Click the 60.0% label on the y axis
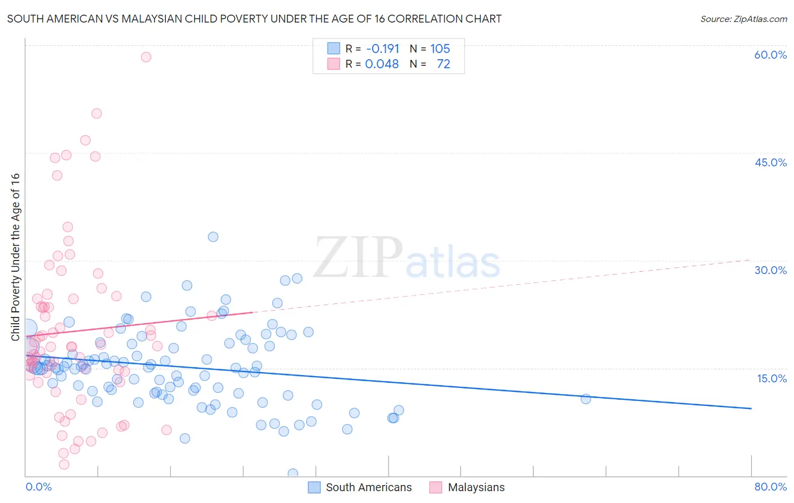coord(770,55)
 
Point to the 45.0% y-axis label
coord(770,162)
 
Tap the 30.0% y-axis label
coord(770,270)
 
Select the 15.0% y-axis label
coord(771,378)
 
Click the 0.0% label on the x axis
coord(38,487)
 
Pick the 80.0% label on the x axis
coord(770,487)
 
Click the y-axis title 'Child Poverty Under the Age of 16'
coord(15,257)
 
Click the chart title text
coord(254,19)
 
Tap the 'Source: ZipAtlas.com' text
coord(743,19)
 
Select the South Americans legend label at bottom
coord(369,487)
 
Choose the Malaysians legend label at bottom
coord(476,487)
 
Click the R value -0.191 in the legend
coord(382,48)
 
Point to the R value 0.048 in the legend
coord(382,64)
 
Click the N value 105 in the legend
coord(440,48)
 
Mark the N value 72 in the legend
coord(443,64)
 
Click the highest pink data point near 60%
coord(146,57)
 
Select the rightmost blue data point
coord(586,399)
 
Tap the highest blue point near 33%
coord(213,237)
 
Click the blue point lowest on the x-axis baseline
coord(293,474)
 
